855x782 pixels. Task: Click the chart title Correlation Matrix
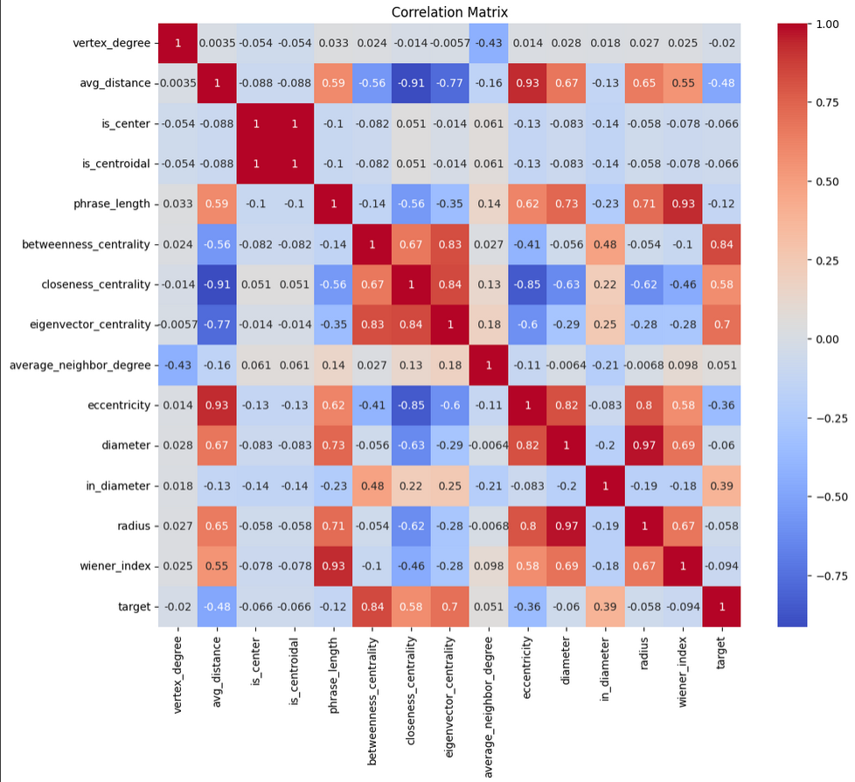pos(449,12)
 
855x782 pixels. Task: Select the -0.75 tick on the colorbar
pos(831,576)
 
